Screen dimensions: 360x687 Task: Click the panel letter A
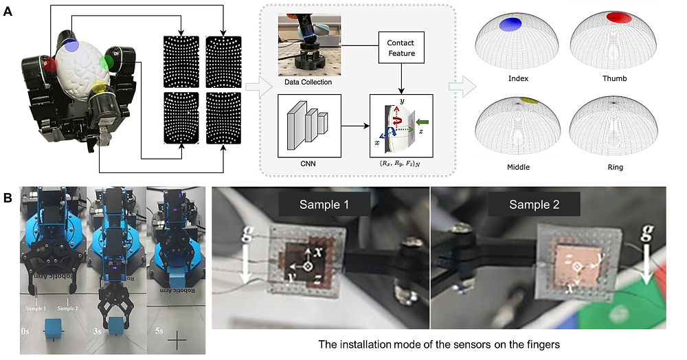pyautogui.click(x=8, y=12)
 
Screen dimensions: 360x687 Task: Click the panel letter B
pyautogui.click(x=8, y=198)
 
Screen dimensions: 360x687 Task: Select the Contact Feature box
pyautogui.click(x=400, y=48)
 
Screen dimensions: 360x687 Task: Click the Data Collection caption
pyautogui.click(x=308, y=82)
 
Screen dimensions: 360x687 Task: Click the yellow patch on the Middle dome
pyautogui.click(x=528, y=100)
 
